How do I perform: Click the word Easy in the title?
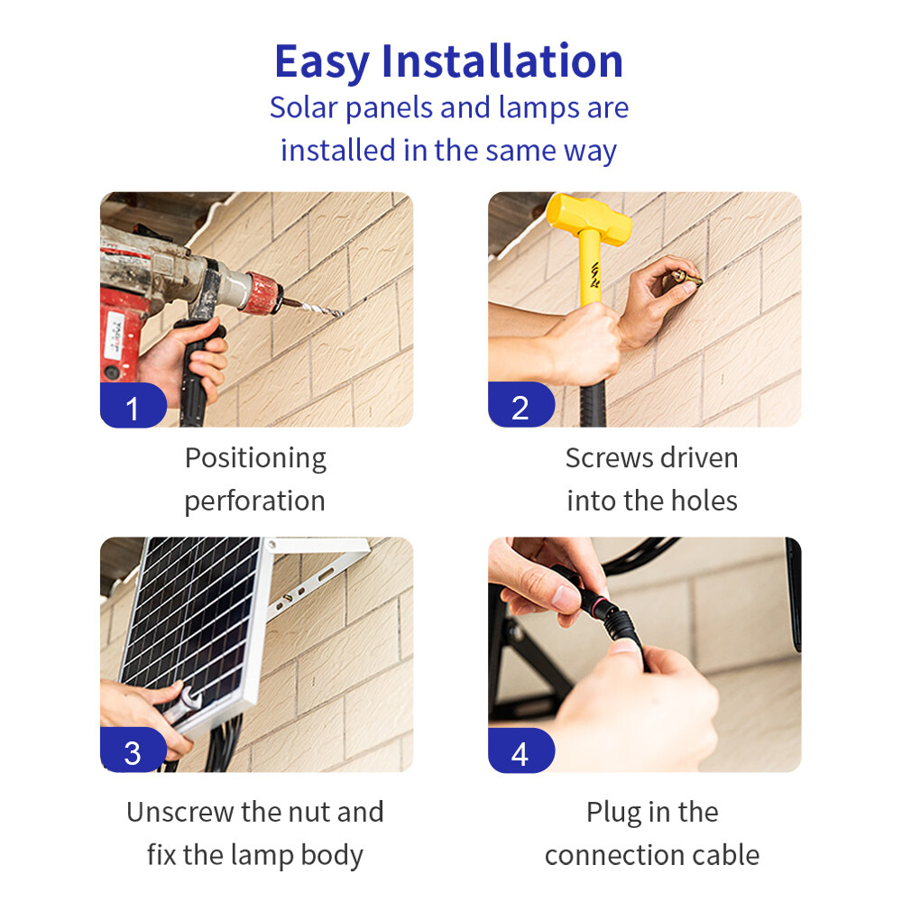point(322,63)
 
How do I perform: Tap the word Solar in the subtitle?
point(303,107)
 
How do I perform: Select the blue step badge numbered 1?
point(133,405)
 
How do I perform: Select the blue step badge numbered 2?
point(521,405)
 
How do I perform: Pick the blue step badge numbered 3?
point(133,750)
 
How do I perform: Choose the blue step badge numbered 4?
point(521,750)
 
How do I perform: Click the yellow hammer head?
point(588,219)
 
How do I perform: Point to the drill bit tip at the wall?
point(343,314)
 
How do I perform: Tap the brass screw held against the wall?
point(688,279)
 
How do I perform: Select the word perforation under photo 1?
point(255,502)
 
